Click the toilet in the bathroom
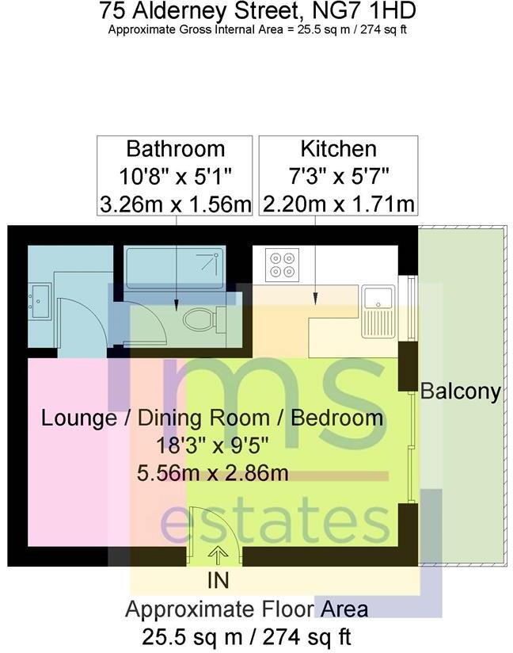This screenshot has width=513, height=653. (199, 321)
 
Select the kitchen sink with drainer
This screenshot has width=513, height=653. (378, 309)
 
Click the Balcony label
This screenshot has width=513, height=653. (460, 391)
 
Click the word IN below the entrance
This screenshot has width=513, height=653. (218, 580)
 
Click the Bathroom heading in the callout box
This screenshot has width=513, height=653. (176, 149)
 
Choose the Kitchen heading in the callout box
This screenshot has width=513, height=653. (338, 149)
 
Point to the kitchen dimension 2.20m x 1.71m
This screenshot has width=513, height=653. (338, 204)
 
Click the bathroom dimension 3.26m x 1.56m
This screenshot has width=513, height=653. (176, 204)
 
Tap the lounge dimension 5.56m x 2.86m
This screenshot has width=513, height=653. (212, 473)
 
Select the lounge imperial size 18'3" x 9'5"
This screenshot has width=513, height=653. (212, 445)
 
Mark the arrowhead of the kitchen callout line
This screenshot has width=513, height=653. (316, 299)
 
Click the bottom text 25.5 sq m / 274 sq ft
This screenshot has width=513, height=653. (246, 636)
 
